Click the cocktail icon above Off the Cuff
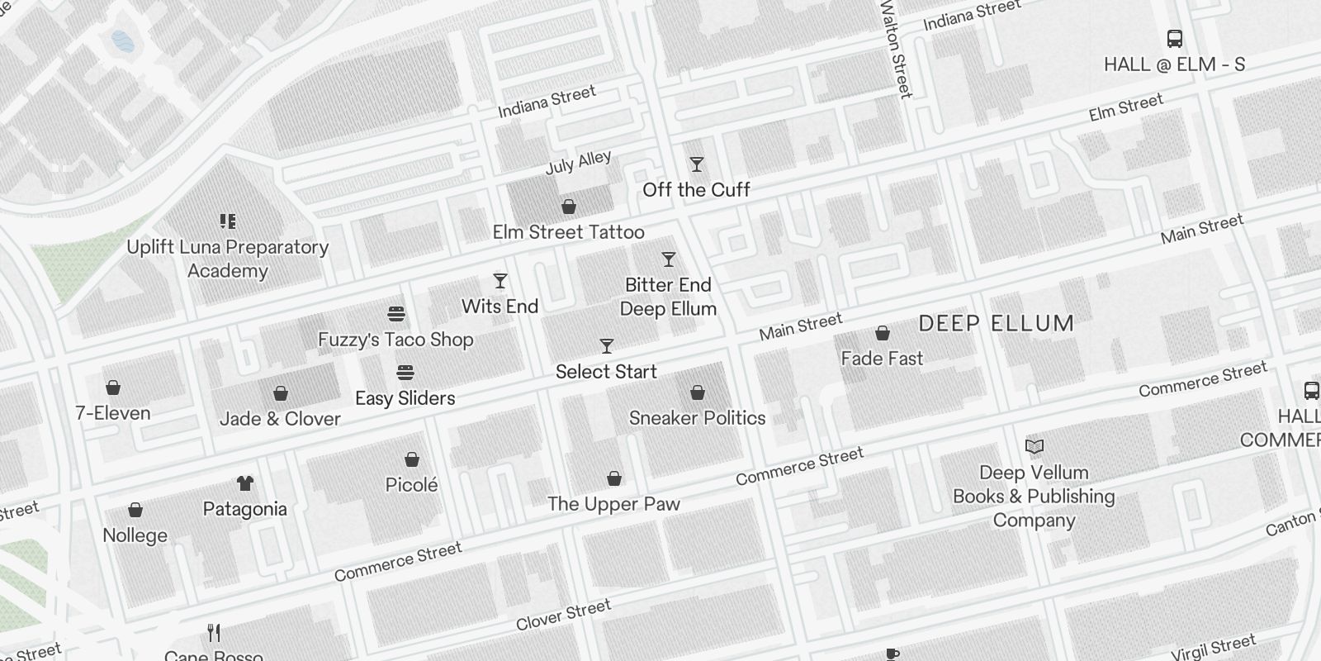click(697, 165)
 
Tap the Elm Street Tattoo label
click(568, 232)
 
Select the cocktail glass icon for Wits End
click(500, 282)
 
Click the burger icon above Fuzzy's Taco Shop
click(396, 315)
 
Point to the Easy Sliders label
click(405, 398)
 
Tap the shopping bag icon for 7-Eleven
click(113, 388)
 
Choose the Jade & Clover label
click(280, 419)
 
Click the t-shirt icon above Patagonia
click(245, 483)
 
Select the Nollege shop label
click(135, 535)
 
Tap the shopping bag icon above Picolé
click(412, 459)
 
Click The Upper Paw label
click(613, 504)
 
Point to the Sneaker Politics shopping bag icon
click(698, 392)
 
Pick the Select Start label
click(606, 372)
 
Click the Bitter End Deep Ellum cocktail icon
click(669, 260)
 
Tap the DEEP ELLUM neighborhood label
click(997, 323)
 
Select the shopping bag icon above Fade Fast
click(883, 334)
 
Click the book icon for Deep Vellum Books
click(1035, 447)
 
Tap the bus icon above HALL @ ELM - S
click(1175, 39)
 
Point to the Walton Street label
click(896, 48)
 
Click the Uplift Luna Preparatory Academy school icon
click(228, 221)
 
